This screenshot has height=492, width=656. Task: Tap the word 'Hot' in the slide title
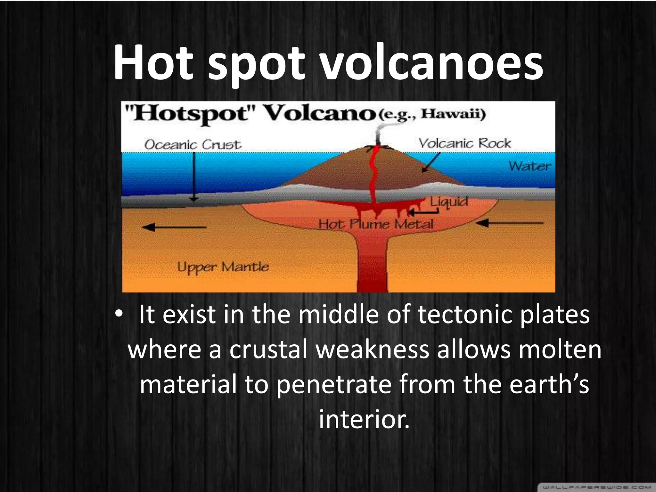153,62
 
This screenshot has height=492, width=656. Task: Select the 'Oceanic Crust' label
193,145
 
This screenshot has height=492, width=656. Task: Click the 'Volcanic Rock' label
464,143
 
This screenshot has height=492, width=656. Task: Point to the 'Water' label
530,166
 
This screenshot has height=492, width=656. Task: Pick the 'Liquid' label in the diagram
449,201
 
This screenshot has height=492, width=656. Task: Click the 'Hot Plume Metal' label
376,224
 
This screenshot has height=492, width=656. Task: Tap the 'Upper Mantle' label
223,267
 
